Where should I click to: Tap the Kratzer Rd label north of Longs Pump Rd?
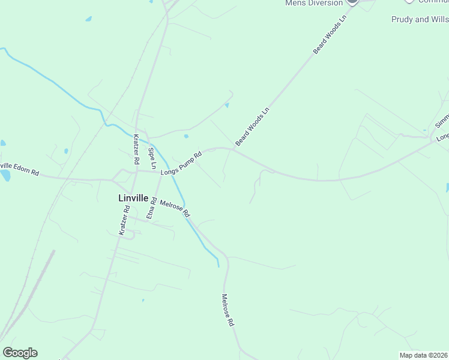click(137, 149)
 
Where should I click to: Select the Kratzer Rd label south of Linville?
click(124, 221)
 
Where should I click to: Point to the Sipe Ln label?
click(152, 157)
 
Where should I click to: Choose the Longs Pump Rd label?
click(181, 164)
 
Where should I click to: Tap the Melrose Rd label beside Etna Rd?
click(175, 209)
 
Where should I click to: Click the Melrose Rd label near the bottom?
click(227, 310)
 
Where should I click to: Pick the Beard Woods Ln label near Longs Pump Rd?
click(253, 127)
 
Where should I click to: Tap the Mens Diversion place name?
click(313, 2)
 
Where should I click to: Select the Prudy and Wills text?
click(420, 19)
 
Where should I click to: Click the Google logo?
click(20, 353)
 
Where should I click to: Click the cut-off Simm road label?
click(442, 121)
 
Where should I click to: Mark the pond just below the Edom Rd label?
click(5, 176)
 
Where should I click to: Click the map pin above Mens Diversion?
click(352, 2)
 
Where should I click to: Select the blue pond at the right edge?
click(447, 187)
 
